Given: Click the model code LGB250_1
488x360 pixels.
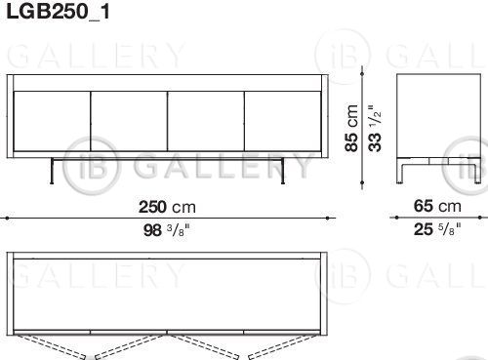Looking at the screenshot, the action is (x=58, y=12).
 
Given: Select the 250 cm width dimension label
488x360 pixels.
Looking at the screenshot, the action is (x=167, y=207).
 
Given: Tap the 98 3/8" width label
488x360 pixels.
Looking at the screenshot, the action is (x=166, y=230).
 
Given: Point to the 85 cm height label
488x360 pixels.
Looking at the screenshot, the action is (x=352, y=128).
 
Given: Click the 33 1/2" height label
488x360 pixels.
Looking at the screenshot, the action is (x=375, y=128).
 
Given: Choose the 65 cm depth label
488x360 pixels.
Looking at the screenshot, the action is (x=437, y=206).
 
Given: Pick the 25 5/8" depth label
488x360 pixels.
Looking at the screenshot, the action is (x=437, y=229).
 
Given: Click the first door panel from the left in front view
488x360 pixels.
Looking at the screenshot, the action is (x=52, y=121).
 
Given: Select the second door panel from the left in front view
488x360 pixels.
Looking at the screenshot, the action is (x=129, y=121).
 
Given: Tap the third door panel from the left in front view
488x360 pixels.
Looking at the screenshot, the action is (x=206, y=121).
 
